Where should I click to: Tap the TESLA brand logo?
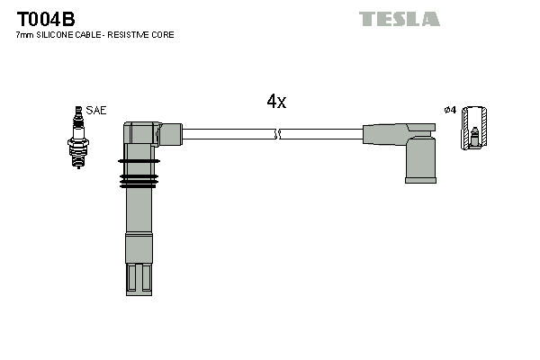coord(399,19)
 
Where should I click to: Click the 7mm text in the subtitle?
coord(24,35)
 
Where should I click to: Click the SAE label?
coord(97,110)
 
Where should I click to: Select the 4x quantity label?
coord(276,102)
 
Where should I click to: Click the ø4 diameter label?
coord(451,110)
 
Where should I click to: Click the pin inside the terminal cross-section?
coord(473,138)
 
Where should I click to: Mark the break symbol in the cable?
coord(277,134)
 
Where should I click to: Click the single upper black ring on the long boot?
coord(139,162)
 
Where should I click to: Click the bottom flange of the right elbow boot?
coord(420,179)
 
